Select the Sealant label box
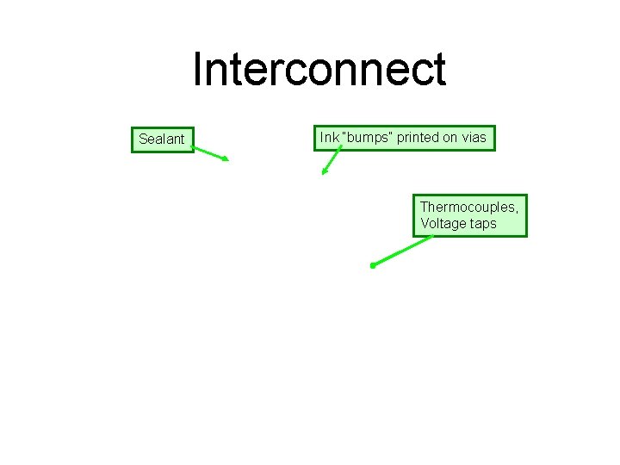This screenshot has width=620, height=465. (162, 139)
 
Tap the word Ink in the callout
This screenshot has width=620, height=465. (329, 137)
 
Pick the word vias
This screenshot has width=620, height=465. (474, 137)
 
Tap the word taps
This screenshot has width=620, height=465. (483, 225)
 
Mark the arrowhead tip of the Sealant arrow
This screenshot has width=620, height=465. (227, 160)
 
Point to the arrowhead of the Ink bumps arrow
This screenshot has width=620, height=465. (324, 172)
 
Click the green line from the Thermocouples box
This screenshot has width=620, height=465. (403, 250)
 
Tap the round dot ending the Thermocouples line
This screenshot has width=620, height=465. (372, 266)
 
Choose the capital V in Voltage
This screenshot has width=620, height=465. (425, 224)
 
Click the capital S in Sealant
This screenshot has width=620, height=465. (143, 139)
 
